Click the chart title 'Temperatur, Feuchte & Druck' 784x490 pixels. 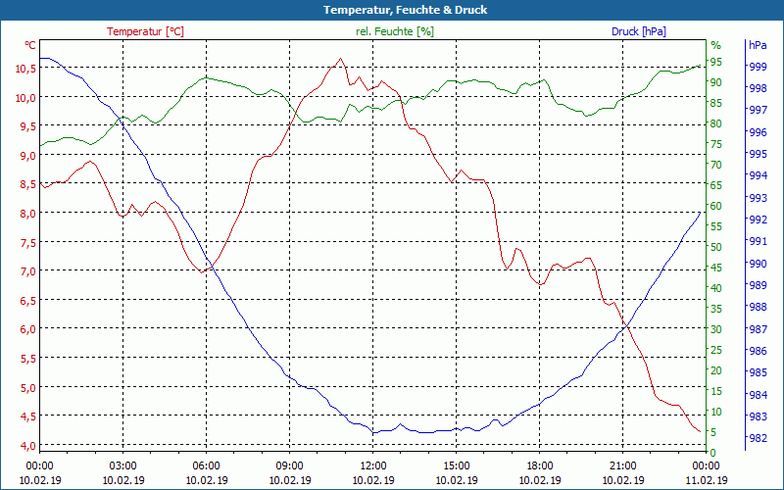391,10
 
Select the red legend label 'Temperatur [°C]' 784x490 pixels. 145,31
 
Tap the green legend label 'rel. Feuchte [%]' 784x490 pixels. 394,31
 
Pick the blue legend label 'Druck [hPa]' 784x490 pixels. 638,31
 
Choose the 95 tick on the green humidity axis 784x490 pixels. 715,62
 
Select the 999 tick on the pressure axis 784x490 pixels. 758,67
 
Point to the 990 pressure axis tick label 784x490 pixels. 758,263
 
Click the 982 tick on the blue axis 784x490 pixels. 758,438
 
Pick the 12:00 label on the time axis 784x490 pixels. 372,465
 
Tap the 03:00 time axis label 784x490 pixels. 122,465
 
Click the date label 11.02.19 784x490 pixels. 706,480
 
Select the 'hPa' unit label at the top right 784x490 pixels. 758,45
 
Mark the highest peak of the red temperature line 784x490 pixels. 340,59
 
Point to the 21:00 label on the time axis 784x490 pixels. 622,465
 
